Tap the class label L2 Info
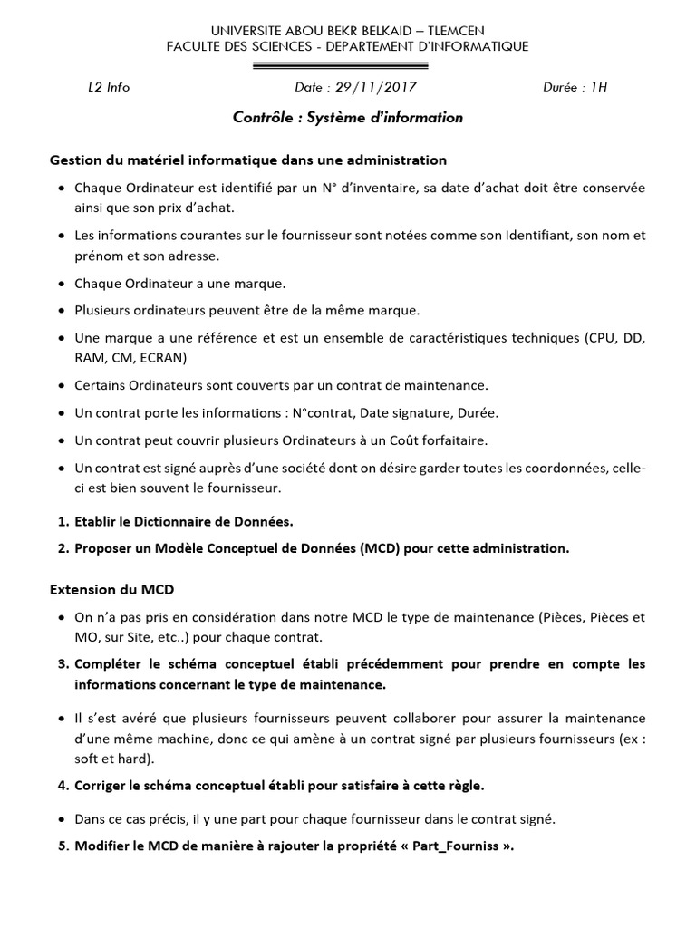click(109, 88)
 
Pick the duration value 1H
click(598, 88)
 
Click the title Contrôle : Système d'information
click(348, 118)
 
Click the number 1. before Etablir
click(63, 521)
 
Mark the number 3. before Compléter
click(63, 664)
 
